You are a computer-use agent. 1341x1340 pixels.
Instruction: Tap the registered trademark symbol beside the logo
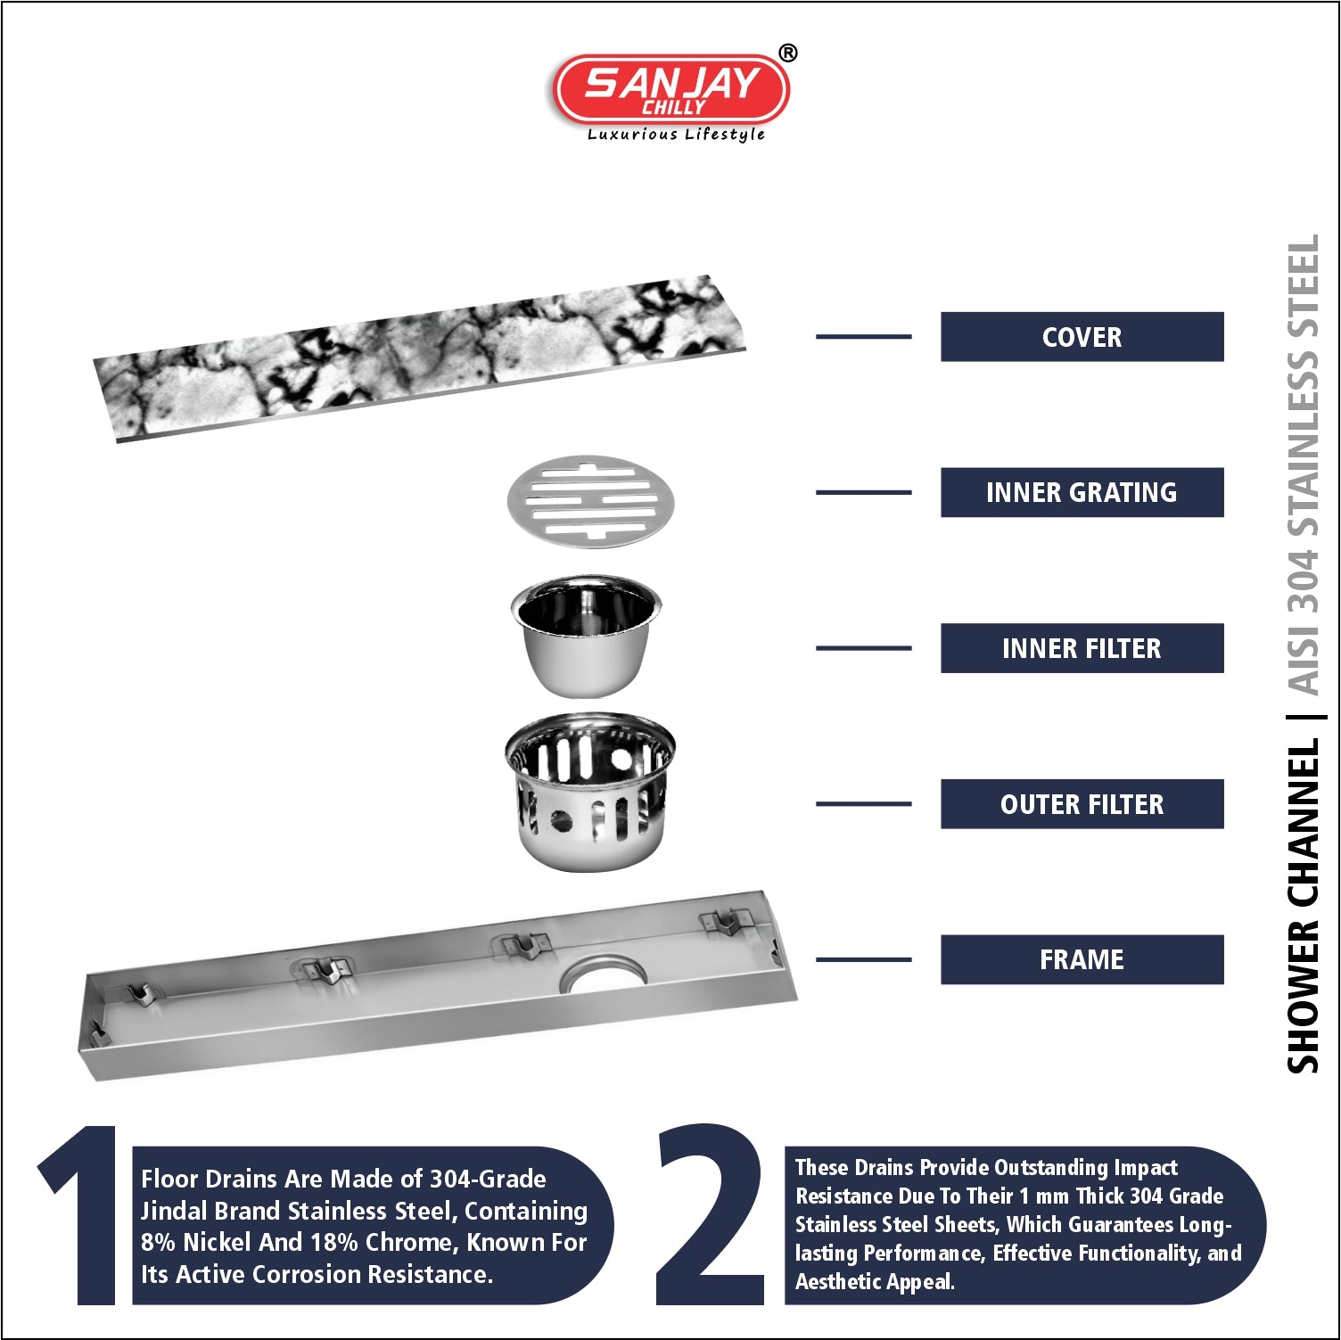(x=787, y=53)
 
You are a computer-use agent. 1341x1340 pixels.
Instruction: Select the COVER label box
(x=1082, y=337)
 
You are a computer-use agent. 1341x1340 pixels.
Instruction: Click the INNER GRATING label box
(x=1082, y=492)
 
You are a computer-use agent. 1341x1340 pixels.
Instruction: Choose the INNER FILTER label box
(x=1082, y=648)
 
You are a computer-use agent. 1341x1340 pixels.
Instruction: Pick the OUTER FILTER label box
(x=1082, y=804)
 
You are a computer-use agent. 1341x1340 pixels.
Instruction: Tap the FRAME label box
(x=1082, y=959)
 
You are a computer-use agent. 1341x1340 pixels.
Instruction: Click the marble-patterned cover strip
(x=419, y=358)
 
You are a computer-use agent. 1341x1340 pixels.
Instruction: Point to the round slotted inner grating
(x=590, y=502)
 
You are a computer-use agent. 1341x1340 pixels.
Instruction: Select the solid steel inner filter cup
(x=586, y=635)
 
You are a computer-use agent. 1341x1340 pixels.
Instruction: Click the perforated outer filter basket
(x=589, y=791)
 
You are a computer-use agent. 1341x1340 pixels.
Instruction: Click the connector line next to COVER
(x=863, y=337)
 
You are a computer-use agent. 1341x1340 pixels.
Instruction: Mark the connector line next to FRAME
(x=863, y=959)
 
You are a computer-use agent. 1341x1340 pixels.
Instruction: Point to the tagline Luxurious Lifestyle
(x=676, y=135)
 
